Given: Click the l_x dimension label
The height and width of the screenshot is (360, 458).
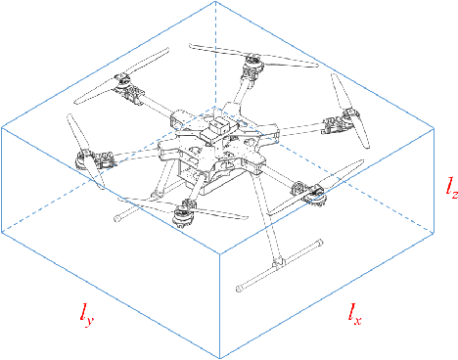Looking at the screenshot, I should pyautogui.click(x=354, y=314).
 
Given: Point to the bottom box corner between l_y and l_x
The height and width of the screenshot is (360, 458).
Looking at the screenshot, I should pyautogui.click(x=222, y=356).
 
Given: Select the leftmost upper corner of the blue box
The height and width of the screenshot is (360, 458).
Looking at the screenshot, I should pyautogui.click(x=3, y=126).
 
